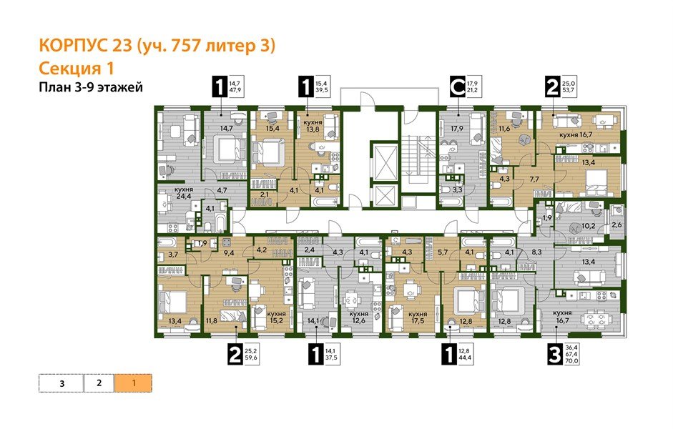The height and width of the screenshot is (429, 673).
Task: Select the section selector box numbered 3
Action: tap(62, 383)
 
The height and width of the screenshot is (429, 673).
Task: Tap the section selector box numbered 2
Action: tap(99, 383)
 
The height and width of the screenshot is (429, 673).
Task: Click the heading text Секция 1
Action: tap(76, 68)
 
